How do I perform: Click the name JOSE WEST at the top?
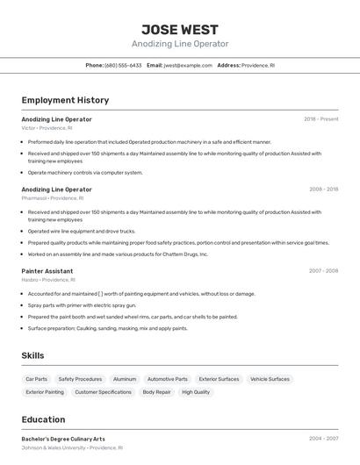180,29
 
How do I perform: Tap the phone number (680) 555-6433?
123,65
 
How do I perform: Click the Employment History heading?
65,101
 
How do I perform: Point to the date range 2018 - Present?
320,118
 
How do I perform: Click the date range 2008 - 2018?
323,189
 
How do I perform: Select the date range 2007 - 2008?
323,271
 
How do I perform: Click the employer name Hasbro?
29,280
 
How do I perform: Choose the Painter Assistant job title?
47,271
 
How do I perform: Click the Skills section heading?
33,355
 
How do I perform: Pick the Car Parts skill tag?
37,379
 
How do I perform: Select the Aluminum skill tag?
125,379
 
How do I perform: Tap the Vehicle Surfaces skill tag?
270,379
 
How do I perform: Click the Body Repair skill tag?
156,392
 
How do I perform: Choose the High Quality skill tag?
196,392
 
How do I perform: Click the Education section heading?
44,419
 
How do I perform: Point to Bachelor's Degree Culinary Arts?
63,439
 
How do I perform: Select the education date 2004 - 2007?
323,439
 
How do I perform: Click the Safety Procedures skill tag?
81,379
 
